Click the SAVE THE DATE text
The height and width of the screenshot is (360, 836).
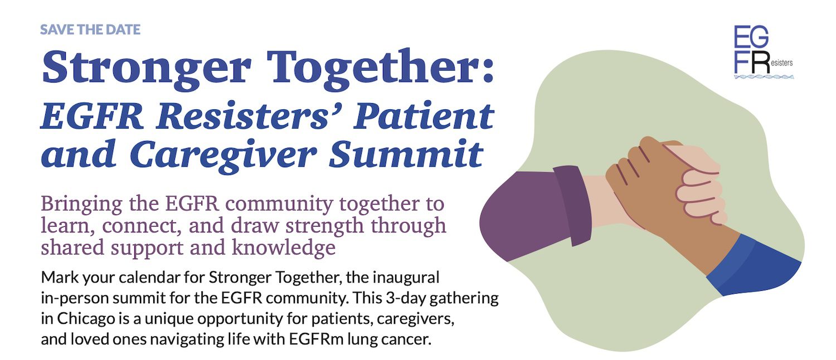[x=90, y=30]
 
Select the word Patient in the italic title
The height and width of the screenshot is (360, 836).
[x=424, y=116]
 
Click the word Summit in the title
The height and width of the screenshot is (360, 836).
[x=406, y=153]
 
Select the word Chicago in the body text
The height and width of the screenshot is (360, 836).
[x=86, y=319]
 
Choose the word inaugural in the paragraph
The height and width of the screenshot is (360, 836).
[x=406, y=278]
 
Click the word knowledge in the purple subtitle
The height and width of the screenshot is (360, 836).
[x=284, y=248]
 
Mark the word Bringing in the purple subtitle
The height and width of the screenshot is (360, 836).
[x=82, y=205]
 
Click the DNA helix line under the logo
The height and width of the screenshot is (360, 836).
[x=764, y=77]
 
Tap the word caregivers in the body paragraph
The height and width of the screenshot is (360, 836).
[x=415, y=319]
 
